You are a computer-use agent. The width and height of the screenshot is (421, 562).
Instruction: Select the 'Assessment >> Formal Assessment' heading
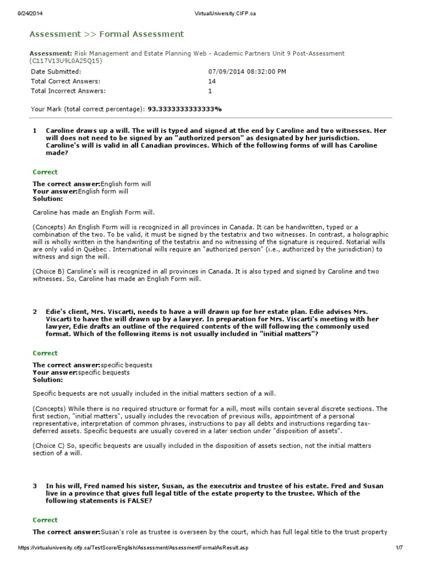click(x=106, y=34)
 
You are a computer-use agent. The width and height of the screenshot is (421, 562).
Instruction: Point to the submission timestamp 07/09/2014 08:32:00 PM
click(x=247, y=72)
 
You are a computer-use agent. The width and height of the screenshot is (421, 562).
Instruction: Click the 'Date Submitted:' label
click(x=55, y=72)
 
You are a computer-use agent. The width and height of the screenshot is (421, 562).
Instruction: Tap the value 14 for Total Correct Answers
click(x=212, y=81)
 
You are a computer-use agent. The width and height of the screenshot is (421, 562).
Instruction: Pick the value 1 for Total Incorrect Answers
click(x=210, y=91)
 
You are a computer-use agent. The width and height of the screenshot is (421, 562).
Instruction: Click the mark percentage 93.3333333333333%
click(x=185, y=109)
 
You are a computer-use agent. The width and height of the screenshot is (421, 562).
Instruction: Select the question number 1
click(x=35, y=131)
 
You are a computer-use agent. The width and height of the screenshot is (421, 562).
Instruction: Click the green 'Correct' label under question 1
click(x=45, y=172)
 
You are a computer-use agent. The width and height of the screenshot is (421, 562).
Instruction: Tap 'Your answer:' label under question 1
click(x=55, y=192)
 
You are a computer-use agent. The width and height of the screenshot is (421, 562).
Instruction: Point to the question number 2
click(x=35, y=311)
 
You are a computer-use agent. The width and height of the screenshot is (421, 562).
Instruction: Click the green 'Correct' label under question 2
click(x=45, y=353)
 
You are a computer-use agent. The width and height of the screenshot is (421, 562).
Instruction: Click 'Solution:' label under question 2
click(x=48, y=380)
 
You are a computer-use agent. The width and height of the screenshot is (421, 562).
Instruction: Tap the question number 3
click(x=35, y=486)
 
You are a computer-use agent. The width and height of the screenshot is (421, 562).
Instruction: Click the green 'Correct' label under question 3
click(x=45, y=520)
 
